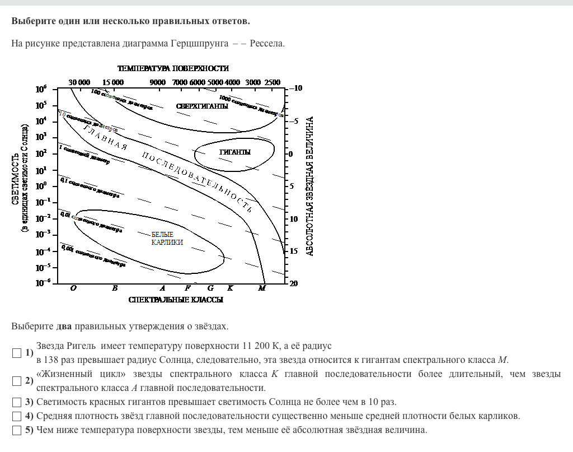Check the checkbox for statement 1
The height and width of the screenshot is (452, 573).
coord(17,353)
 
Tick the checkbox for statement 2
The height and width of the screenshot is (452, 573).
coord(17,381)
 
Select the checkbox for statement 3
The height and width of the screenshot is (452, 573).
coord(17,402)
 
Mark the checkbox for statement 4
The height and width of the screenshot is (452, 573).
coord(17,416)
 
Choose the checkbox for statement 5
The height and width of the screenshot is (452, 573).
coord(17,430)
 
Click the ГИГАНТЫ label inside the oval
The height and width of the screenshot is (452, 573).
coord(235,152)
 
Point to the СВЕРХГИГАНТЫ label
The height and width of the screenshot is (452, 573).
coord(202,106)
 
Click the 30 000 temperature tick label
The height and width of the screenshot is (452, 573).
coord(79,82)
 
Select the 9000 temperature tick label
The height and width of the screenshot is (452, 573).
coord(158,82)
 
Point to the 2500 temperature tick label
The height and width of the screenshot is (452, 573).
coord(272,82)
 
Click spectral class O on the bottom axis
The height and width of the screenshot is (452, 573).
coord(73,288)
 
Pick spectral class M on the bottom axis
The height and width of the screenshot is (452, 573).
coord(262,288)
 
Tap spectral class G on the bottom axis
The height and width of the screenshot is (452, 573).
coord(210,288)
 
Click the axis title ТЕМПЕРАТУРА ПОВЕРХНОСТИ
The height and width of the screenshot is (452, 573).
coord(173,68)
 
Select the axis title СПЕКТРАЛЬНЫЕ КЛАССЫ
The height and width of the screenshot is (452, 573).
coord(176,300)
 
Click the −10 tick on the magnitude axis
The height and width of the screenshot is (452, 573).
coord(296,88)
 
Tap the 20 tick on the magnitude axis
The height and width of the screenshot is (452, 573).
coord(294,283)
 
